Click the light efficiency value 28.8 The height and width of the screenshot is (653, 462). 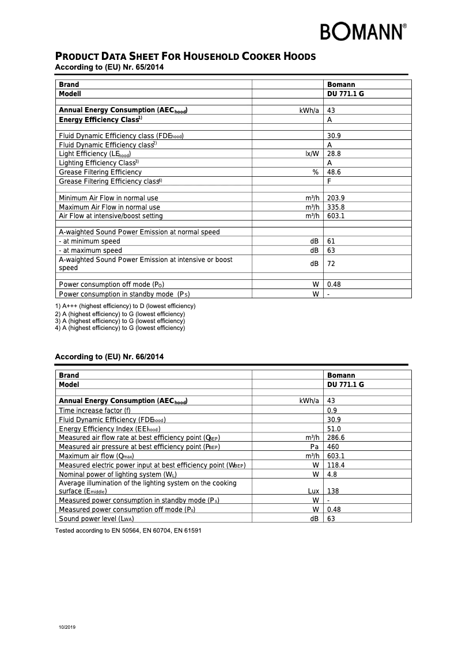tap(334, 154)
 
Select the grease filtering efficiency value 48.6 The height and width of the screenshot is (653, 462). tap(334, 172)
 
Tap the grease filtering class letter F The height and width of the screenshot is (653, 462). tap(330, 181)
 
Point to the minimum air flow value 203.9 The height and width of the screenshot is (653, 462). tap(336, 198)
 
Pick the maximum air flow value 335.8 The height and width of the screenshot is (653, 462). tap(336, 207)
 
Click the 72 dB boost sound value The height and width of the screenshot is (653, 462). tap(331, 264)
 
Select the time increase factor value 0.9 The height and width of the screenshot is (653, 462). tap(332, 411)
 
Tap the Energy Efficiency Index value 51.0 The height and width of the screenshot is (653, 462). tap(334, 429)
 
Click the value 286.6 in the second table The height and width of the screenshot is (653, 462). tap(336, 438)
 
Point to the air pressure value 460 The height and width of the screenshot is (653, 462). tap(333, 447)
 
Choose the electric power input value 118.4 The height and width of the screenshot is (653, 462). tap(336, 465)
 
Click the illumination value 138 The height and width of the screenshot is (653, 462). tap(333, 491)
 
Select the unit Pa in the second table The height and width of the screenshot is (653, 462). tap(315, 447)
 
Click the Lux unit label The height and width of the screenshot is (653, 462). tap(313, 491)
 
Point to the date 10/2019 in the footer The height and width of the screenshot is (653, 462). tap(67, 627)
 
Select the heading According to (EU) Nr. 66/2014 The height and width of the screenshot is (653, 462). tap(109, 357)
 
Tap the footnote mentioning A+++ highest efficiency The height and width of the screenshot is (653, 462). tap(125, 306)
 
